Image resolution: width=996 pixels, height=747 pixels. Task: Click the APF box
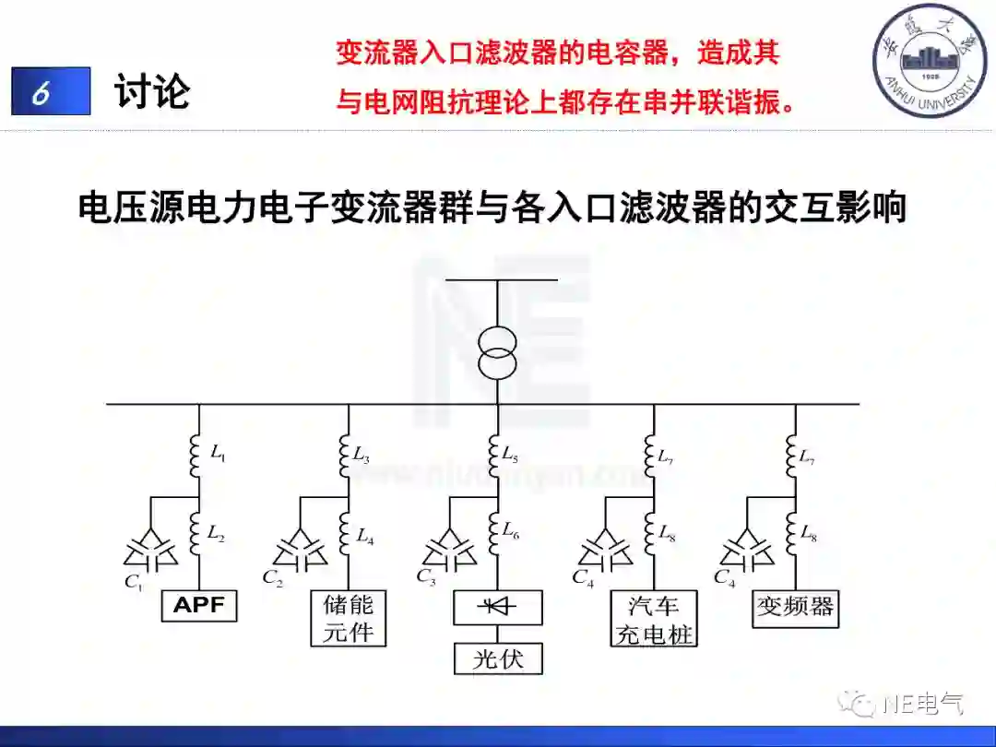(x=199, y=606)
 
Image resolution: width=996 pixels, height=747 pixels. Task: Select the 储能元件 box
(x=349, y=619)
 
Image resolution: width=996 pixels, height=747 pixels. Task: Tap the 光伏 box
(x=498, y=658)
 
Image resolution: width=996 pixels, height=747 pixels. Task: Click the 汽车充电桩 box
(x=654, y=619)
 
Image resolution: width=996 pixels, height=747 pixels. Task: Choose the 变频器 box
(x=795, y=607)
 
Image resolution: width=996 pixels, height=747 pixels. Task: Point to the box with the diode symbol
(x=498, y=609)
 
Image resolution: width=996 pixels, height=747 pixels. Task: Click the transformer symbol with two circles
(x=498, y=351)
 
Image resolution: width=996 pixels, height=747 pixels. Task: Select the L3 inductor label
(x=362, y=454)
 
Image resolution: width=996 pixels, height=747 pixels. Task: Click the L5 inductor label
(x=510, y=454)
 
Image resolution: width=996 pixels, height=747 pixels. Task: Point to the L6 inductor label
(x=511, y=530)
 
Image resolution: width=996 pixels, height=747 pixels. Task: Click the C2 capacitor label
(x=272, y=578)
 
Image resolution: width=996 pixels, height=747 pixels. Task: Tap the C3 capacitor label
(x=425, y=577)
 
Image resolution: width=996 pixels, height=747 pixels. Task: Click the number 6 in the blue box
(x=41, y=92)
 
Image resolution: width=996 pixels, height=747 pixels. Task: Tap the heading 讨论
(x=152, y=92)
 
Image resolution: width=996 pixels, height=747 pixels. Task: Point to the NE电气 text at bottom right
(x=922, y=704)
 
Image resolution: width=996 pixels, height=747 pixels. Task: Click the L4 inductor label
(x=364, y=534)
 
